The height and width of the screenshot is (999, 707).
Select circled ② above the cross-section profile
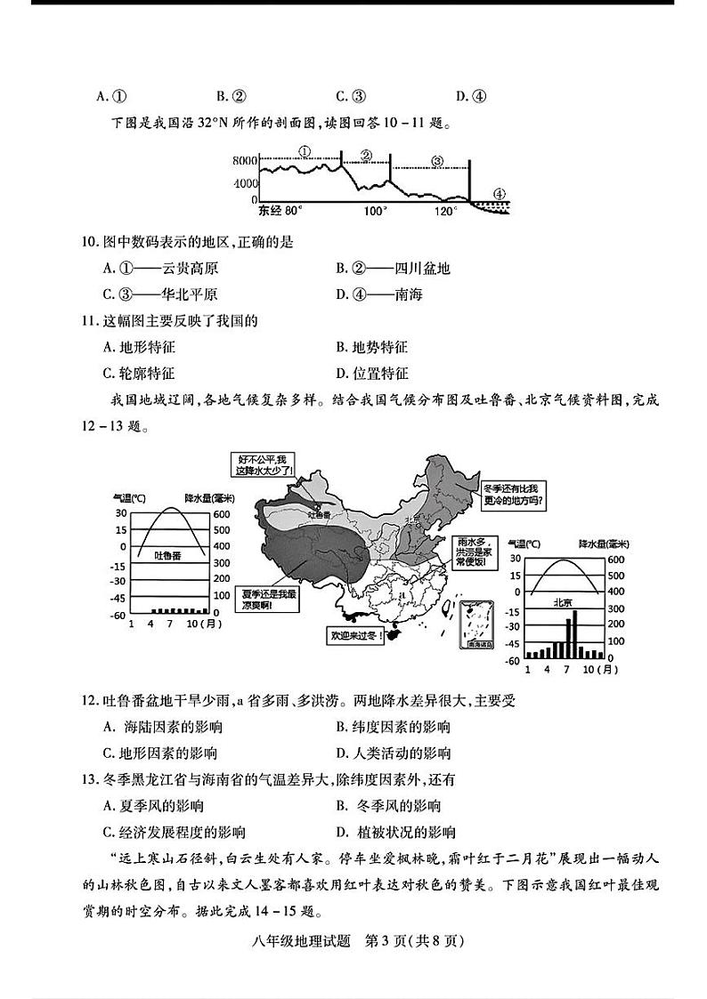tap(365, 155)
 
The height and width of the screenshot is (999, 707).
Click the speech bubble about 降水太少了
tap(261, 464)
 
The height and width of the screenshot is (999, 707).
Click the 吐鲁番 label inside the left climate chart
tap(167, 554)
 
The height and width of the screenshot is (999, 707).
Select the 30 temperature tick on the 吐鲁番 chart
tap(121, 513)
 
